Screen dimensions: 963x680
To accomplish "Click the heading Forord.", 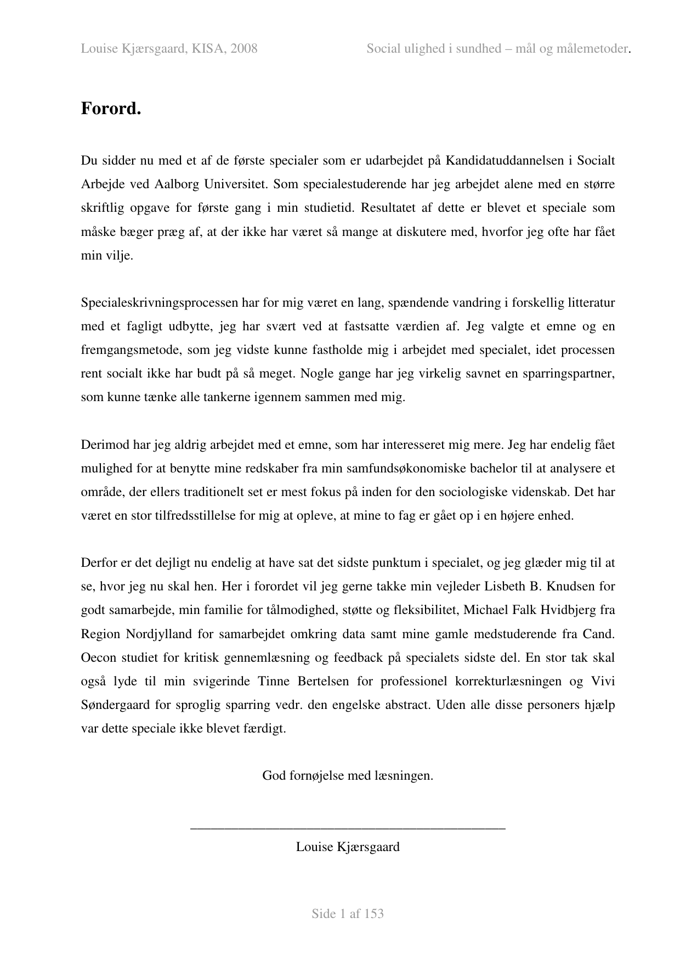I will [111, 109].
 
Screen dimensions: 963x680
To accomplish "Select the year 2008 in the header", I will [244, 49].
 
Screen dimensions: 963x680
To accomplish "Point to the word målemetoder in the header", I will [592, 49].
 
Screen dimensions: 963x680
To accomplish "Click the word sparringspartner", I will [569, 373].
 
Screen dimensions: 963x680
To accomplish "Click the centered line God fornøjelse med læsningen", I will [347, 775].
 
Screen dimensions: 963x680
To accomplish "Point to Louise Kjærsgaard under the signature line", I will [348, 846].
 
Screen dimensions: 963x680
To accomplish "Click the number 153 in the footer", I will [373, 913].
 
